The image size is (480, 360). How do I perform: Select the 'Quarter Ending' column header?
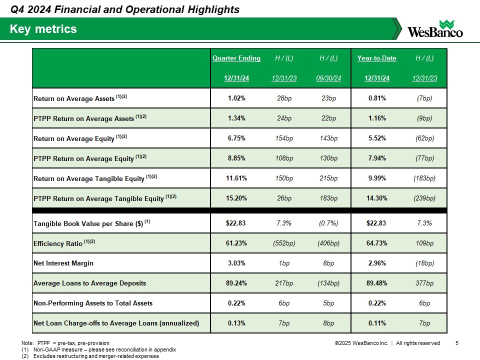236,58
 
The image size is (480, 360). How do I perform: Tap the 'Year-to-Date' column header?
376,58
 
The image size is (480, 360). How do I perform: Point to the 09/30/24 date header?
328,78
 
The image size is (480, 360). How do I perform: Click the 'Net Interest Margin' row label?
63,263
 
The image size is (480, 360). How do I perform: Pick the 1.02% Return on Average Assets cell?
236,98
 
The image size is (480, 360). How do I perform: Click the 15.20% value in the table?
236,198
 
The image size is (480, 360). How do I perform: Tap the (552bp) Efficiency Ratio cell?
284,243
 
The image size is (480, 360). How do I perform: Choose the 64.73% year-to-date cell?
376,243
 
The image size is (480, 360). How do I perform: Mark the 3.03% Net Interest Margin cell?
236,263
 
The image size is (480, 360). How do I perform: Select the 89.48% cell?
376,283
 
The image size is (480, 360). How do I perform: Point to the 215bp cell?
328,178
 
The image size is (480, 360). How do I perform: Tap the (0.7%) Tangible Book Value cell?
328,223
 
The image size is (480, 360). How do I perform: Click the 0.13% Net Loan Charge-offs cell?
236,323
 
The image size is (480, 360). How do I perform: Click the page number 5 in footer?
457,343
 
